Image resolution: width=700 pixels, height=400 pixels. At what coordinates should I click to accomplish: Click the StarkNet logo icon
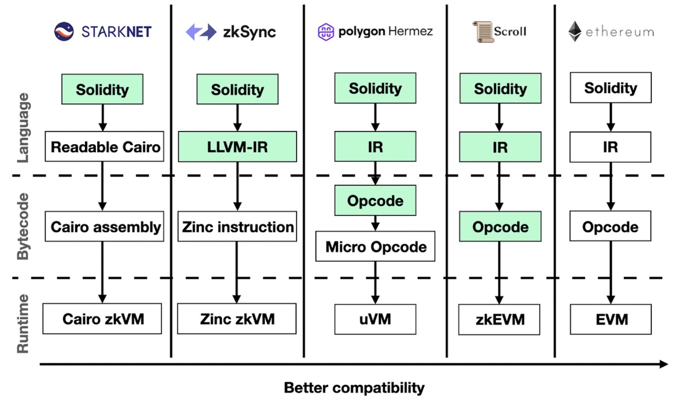pos(64,32)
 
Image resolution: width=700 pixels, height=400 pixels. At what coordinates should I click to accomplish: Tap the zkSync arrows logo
pos(201,32)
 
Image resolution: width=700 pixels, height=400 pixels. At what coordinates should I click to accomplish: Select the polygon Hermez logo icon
pos(326,32)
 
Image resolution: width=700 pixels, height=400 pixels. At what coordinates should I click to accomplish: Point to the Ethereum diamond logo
pos(575,32)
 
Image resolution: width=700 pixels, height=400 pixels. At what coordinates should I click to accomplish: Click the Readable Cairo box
pos(104,146)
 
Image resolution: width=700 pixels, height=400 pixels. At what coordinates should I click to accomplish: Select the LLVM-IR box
pos(237,146)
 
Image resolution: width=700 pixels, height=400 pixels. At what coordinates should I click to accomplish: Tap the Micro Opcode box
pos(375,246)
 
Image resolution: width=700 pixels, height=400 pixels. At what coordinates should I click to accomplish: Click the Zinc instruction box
pos(237,227)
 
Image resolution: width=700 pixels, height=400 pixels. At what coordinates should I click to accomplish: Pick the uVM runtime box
pos(375,319)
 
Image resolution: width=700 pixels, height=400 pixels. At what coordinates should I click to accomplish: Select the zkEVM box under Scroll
pos(499,319)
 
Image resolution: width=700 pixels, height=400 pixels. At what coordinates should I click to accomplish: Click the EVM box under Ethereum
pos(611,319)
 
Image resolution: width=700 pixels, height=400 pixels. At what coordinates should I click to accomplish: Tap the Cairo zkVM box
pos(103,319)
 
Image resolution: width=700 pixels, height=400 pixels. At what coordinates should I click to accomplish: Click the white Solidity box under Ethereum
pos(611,88)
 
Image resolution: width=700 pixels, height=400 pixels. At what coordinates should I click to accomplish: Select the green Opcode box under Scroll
pos(500,227)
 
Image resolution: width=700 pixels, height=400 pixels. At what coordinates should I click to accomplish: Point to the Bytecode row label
pos(23,226)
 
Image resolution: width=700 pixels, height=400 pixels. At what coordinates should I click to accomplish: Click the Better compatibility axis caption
pos(354,388)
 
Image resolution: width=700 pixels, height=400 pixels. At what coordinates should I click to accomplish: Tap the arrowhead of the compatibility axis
pos(663,364)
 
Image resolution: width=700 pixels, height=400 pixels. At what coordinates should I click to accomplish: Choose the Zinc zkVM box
pos(237,319)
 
